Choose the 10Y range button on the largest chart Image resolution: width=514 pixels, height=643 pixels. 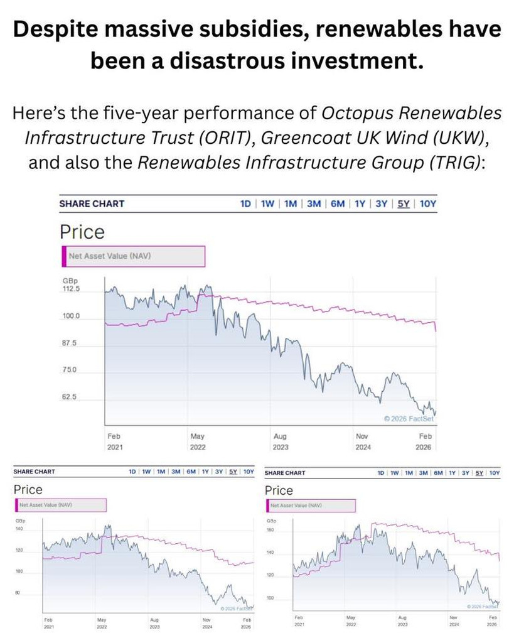tap(427, 203)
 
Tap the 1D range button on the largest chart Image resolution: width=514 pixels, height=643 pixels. tap(245, 203)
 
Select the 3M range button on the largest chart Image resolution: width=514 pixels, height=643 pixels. tap(313, 203)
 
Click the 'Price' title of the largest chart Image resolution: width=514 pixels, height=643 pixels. tap(82, 232)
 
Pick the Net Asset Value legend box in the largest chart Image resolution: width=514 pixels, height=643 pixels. tap(133, 256)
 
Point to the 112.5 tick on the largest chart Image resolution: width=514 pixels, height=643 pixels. tap(71, 289)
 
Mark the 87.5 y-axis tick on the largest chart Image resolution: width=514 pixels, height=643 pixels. tap(68, 343)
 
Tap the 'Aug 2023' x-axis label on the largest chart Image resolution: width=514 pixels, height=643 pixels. tap(281, 441)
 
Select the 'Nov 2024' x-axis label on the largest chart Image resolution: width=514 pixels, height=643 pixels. tap(363, 441)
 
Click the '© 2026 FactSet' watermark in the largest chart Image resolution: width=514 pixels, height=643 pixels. tap(407, 418)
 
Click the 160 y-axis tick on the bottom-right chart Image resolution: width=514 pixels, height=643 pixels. tap(271, 530)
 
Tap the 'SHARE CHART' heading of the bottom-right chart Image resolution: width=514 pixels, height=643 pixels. tap(285, 473)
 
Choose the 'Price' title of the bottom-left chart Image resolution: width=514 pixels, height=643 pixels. tap(28, 489)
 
